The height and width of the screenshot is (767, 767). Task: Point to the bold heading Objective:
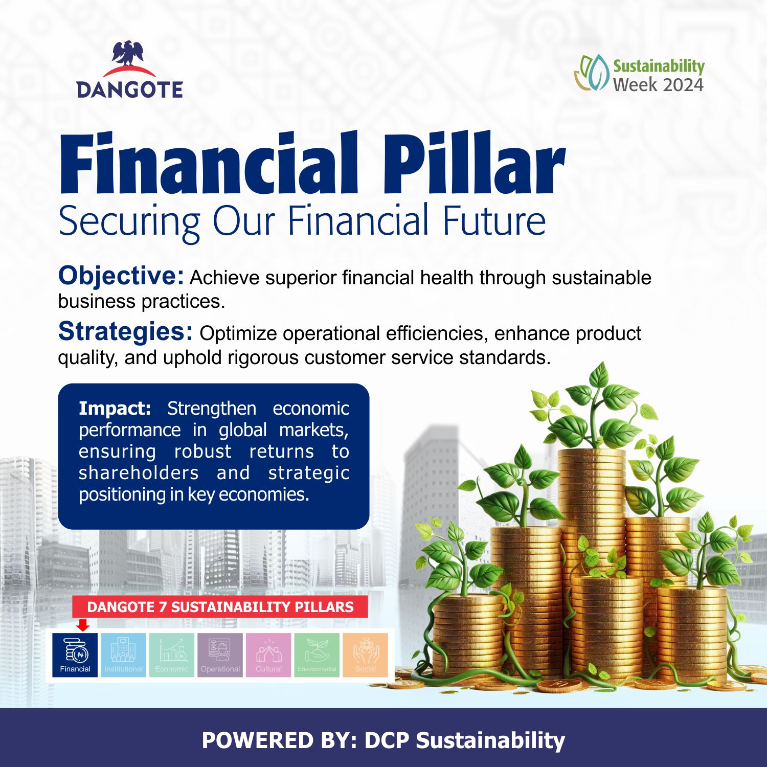(x=121, y=276)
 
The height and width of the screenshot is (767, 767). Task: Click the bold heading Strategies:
(x=125, y=331)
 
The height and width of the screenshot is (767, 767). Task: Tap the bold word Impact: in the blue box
(x=115, y=409)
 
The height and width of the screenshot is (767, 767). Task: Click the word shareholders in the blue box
(x=139, y=472)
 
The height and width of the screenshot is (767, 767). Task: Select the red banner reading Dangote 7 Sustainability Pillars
(x=220, y=606)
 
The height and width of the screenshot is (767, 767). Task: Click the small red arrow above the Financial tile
(x=83, y=624)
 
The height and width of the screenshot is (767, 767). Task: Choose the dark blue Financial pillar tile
(x=75, y=655)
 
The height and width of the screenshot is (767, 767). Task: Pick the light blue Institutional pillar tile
(x=123, y=655)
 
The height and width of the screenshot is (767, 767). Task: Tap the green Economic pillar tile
(x=172, y=655)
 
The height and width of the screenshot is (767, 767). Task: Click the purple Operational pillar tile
(x=220, y=655)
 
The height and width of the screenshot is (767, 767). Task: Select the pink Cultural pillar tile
(x=268, y=655)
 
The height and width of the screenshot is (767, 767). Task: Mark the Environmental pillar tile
(x=317, y=655)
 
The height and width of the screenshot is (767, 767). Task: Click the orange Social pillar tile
(x=365, y=655)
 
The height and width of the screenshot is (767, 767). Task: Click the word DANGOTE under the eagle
(x=130, y=89)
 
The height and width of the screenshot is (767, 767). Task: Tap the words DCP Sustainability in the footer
(x=465, y=741)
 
